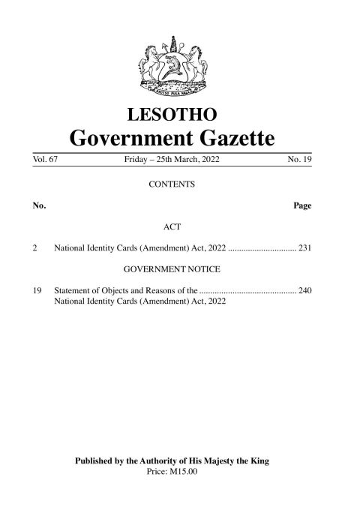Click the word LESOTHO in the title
(x=173, y=115)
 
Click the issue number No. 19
(x=298, y=160)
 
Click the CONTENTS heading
(x=172, y=183)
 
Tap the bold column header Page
(x=302, y=205)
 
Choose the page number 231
(x=304, y=247)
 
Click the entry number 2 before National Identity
(x=35, y=247)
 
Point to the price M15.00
(x=184, y=471)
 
